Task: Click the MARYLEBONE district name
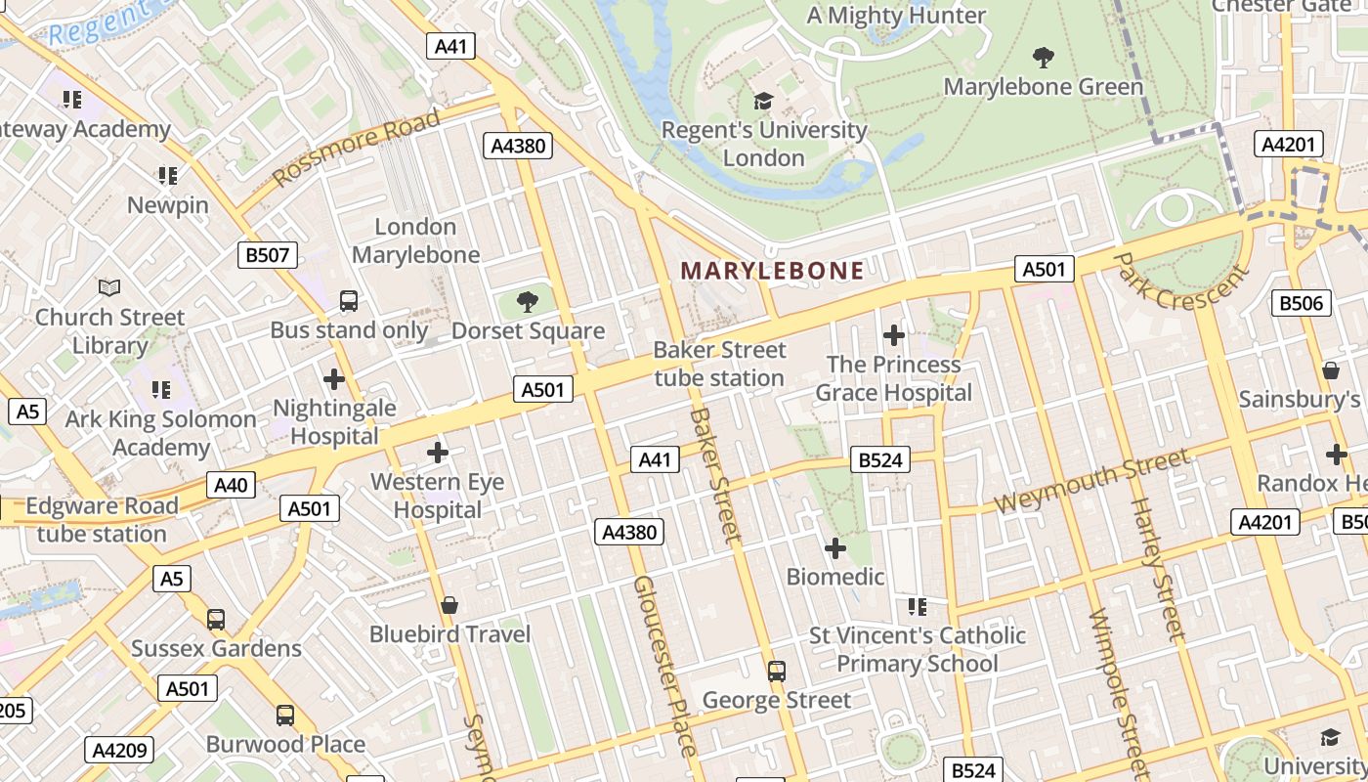[x=772, y=271]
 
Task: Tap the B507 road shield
[x=268, y=256]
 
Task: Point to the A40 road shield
[x=232, y=484]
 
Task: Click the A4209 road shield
[x=120, y=751]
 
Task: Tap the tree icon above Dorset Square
[x=528, y=302]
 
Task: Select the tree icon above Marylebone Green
[x=1043, y=58]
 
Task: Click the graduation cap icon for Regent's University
[x=763, y=101]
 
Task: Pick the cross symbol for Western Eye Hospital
[x=438, y=453]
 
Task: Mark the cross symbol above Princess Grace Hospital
[x=893, y=335]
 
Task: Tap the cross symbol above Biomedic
[x=835, y=547]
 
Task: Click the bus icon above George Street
[x=777, y=672]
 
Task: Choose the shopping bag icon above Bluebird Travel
[x=449, y=605]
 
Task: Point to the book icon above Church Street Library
[x=109, y=288]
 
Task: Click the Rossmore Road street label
[x=357, y=149]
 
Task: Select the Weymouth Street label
[x=1092, y=480]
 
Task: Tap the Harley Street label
[x=1157, y=569]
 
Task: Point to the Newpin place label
[x=168, y=205]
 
